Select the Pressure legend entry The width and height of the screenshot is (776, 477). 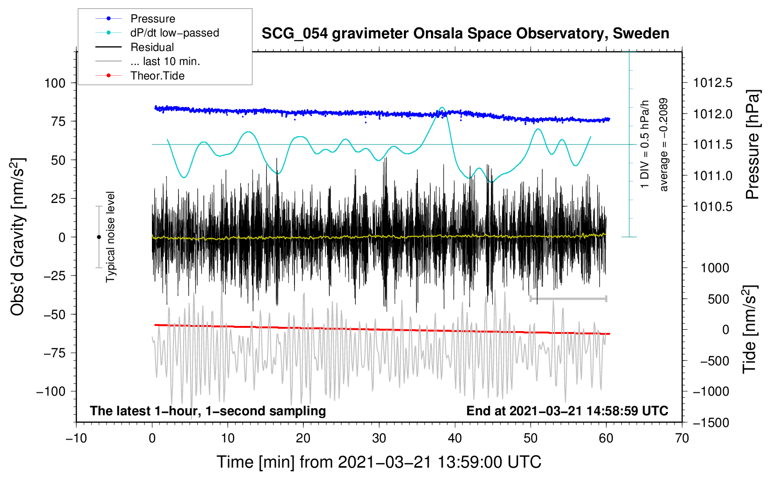click(136, 18)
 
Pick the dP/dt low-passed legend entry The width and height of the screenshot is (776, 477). click(157, 33)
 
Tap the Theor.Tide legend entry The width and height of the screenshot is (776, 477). click(140, 76)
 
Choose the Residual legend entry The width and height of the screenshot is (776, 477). click(135, 47)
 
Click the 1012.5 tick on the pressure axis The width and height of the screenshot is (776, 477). click(713, 83)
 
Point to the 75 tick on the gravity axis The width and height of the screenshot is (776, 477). click(58, 121)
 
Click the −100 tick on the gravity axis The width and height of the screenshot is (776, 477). click(51, 391)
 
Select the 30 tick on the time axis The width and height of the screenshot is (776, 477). click(379, 438)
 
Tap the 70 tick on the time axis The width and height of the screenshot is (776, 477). click(682, 438)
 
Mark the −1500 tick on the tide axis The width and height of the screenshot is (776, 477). click(711, 423)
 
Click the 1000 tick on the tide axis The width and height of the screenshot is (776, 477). click(715, 268)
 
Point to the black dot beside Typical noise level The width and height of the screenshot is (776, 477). click(99, 237)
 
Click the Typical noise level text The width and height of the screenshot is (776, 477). click(110, 237)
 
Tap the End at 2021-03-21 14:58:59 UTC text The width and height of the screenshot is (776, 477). click(567, 411)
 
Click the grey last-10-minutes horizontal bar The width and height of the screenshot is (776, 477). click(568, 298)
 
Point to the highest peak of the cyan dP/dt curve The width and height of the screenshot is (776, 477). click(442, 108)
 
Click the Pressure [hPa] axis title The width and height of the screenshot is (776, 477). click(752, 145)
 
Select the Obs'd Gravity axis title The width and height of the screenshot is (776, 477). click(17, 237)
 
